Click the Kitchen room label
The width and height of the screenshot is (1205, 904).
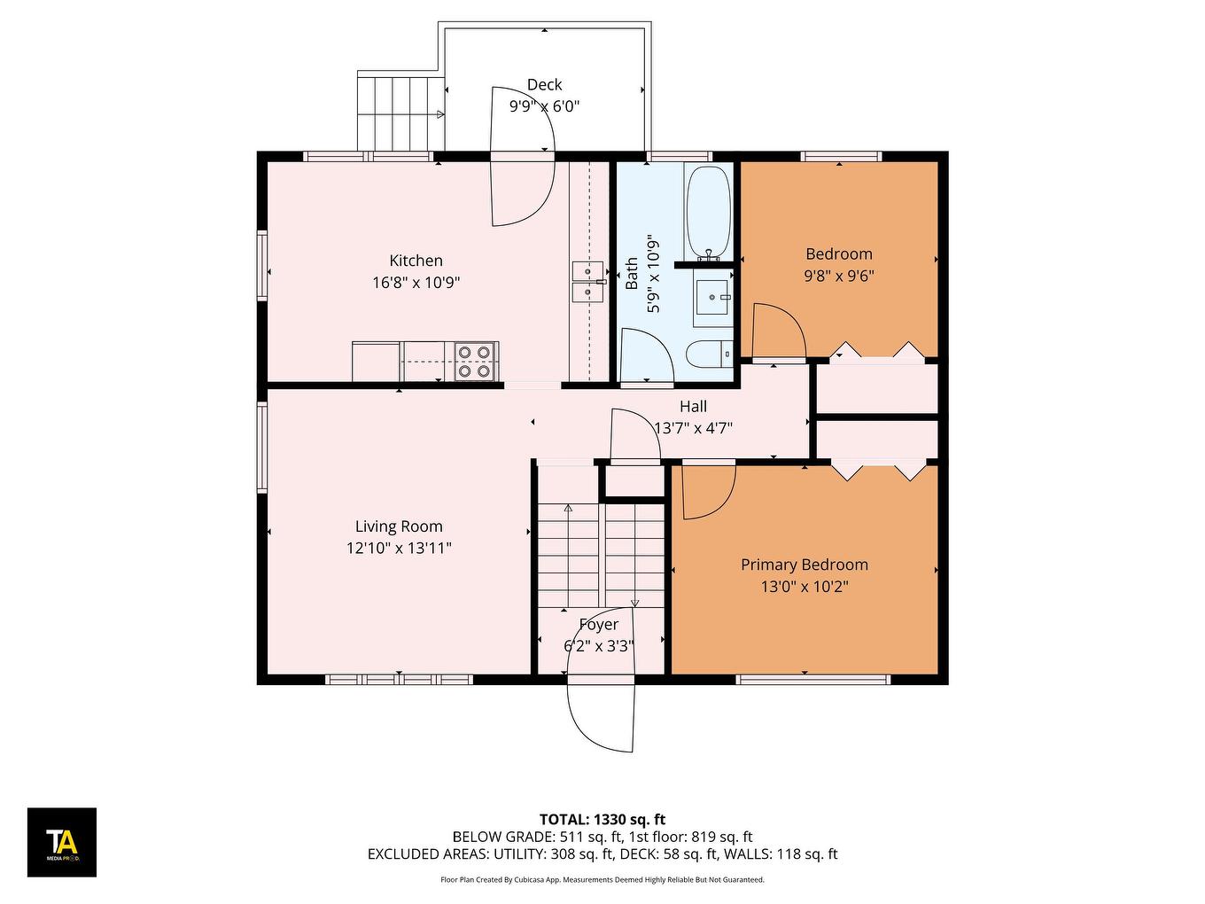[x=416, y=261]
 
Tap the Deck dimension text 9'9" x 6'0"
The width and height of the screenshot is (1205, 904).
[x=544, y=106]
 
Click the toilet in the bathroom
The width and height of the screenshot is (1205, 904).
[x=710, y=354]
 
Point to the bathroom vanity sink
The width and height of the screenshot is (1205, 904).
[x=712, y=298]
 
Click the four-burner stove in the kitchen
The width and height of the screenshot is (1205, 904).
[x=476, y=362]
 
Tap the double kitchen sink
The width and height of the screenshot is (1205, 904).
[x=587, y=282]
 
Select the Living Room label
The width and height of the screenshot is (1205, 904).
[x=399, y=526]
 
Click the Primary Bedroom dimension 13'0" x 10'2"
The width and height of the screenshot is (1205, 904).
[x=805, y=587]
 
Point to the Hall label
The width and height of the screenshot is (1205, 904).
[x=693, y=407]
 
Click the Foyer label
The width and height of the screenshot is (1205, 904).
[x=599, y=625]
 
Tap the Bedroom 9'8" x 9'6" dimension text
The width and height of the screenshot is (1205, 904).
[x=839, y=276]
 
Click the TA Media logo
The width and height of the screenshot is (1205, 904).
[x=62, y=842]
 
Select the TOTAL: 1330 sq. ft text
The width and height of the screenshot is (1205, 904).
[x=602, y=820]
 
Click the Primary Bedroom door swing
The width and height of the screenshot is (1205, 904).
[x=707, y=493]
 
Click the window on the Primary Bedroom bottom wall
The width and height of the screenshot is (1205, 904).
[x=813, y=680]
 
